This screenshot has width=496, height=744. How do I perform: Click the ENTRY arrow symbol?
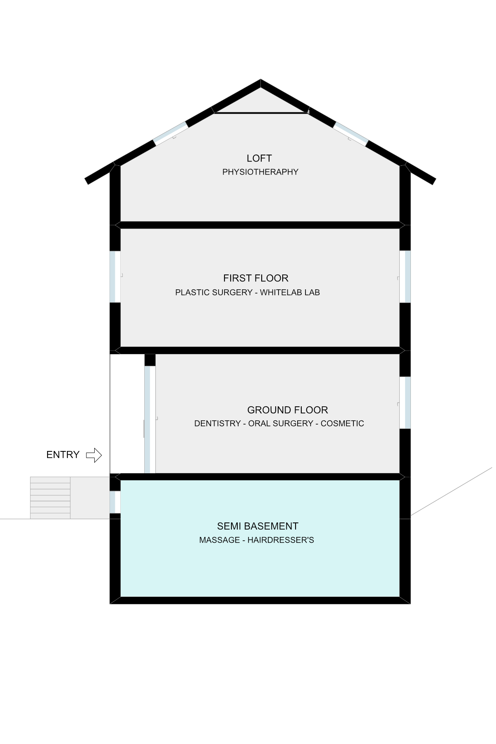point(94,455)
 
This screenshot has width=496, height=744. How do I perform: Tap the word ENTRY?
point(63,455)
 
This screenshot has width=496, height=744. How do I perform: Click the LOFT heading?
point(259,158)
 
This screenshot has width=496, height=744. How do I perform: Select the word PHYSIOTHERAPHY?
point(260,172)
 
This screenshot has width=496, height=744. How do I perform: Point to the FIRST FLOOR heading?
point(256,278)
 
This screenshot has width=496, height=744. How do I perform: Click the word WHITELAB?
point(281,292)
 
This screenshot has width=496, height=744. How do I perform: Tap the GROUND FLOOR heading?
point(288,410)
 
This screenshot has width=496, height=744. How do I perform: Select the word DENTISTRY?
point(217,424)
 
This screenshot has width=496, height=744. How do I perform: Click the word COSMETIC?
point(342,424)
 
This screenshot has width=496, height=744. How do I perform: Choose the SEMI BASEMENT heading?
point(258,526)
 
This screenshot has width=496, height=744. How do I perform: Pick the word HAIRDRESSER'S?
point(281,540)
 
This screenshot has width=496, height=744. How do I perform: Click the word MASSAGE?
point(219,540)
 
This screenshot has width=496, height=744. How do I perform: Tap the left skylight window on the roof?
point(170,133)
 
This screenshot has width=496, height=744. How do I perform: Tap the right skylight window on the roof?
point(351,134)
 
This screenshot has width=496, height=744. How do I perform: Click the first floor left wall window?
point(115,277)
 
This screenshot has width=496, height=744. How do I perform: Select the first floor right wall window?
point(405,277)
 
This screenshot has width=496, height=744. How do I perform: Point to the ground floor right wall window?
point(405,403)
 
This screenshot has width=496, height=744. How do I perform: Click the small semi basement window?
point(115,502)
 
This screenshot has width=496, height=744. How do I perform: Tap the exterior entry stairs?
point(50,498)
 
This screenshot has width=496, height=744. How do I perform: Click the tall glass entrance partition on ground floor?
point(150,420)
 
